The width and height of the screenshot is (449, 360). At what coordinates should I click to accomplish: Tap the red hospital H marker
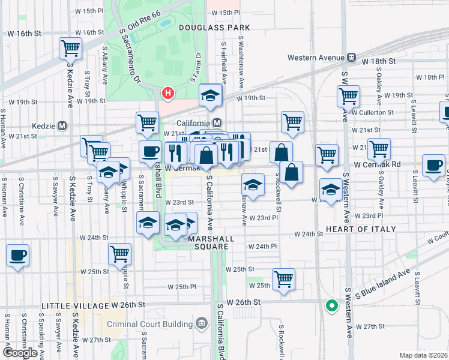pos(169,93)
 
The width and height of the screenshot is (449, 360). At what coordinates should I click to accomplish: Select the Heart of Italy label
pos(361,229)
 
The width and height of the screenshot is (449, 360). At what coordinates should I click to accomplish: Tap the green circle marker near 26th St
pos(331,305)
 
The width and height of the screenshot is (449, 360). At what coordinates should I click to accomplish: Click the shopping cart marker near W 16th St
pos(71,47)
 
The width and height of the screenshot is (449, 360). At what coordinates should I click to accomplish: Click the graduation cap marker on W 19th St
pos(211,95)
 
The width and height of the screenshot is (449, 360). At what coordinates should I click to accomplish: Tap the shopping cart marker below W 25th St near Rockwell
pos(283,278)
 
